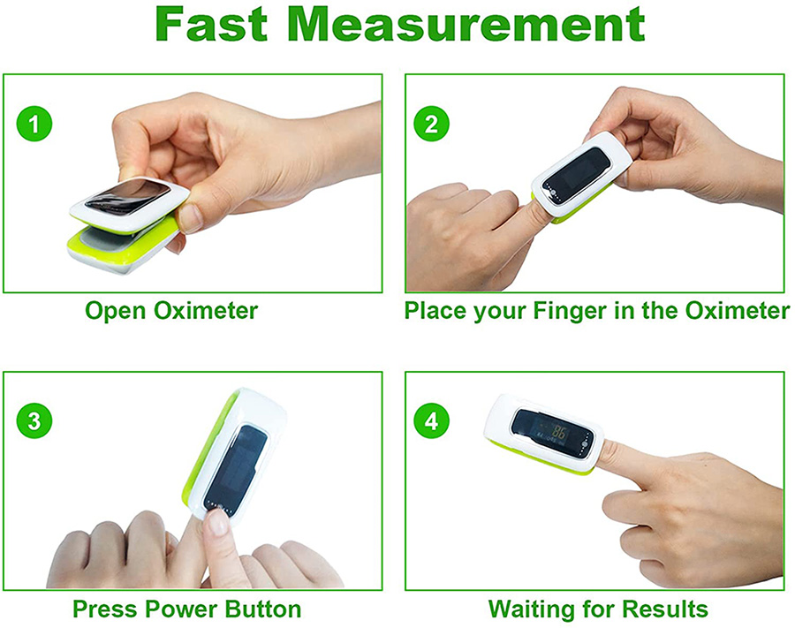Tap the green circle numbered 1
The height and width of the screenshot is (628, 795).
point(34,125)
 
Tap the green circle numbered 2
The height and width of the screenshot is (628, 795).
point(431,125)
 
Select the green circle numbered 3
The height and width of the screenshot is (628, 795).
point(34,420)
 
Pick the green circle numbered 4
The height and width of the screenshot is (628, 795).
point(431,420)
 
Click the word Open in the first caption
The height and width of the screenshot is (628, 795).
point(116,311)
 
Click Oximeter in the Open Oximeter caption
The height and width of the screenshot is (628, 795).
point(206,310)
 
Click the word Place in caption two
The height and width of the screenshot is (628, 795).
point(435,310)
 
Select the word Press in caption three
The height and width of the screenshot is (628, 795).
point(105,609)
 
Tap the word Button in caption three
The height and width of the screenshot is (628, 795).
point(263,609)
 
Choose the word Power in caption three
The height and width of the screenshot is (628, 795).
point(181,609)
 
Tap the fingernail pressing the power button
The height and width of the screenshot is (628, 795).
point(218,522)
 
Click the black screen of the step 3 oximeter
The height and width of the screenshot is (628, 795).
point(235,467)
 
